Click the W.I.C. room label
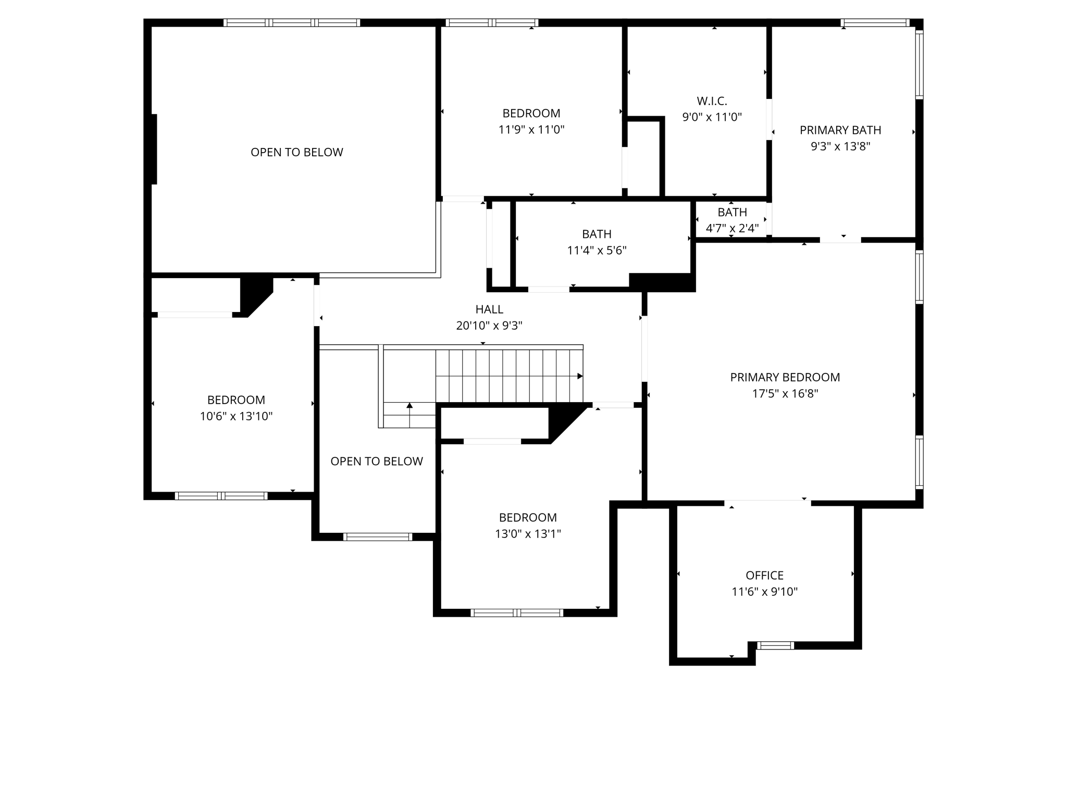(x=712, y=101)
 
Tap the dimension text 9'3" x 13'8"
(x=840, y=146)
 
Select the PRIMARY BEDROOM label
(x=785, y=377)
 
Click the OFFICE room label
(x=764, y=576)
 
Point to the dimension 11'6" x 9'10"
(x=764, y=592)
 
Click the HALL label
(x=489, y=309)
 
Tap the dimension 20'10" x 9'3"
(x=489, y=326)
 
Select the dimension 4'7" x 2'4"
(x=732, y=228)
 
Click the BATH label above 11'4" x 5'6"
(x=597, y=234)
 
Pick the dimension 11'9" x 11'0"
(x=531, y=130)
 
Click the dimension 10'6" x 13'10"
(x=236, y=416)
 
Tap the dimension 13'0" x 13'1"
(x=528, y=534)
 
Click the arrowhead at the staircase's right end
(x=580, y=376)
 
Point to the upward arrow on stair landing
(x=410, y=406)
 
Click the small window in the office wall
(x=775, y=646)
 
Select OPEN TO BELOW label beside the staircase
(x=376, y=461)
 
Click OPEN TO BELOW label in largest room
(x=296, y=153)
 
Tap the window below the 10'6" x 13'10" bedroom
(x=221, y=496)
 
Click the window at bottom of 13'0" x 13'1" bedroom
(x=517, y=613)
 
